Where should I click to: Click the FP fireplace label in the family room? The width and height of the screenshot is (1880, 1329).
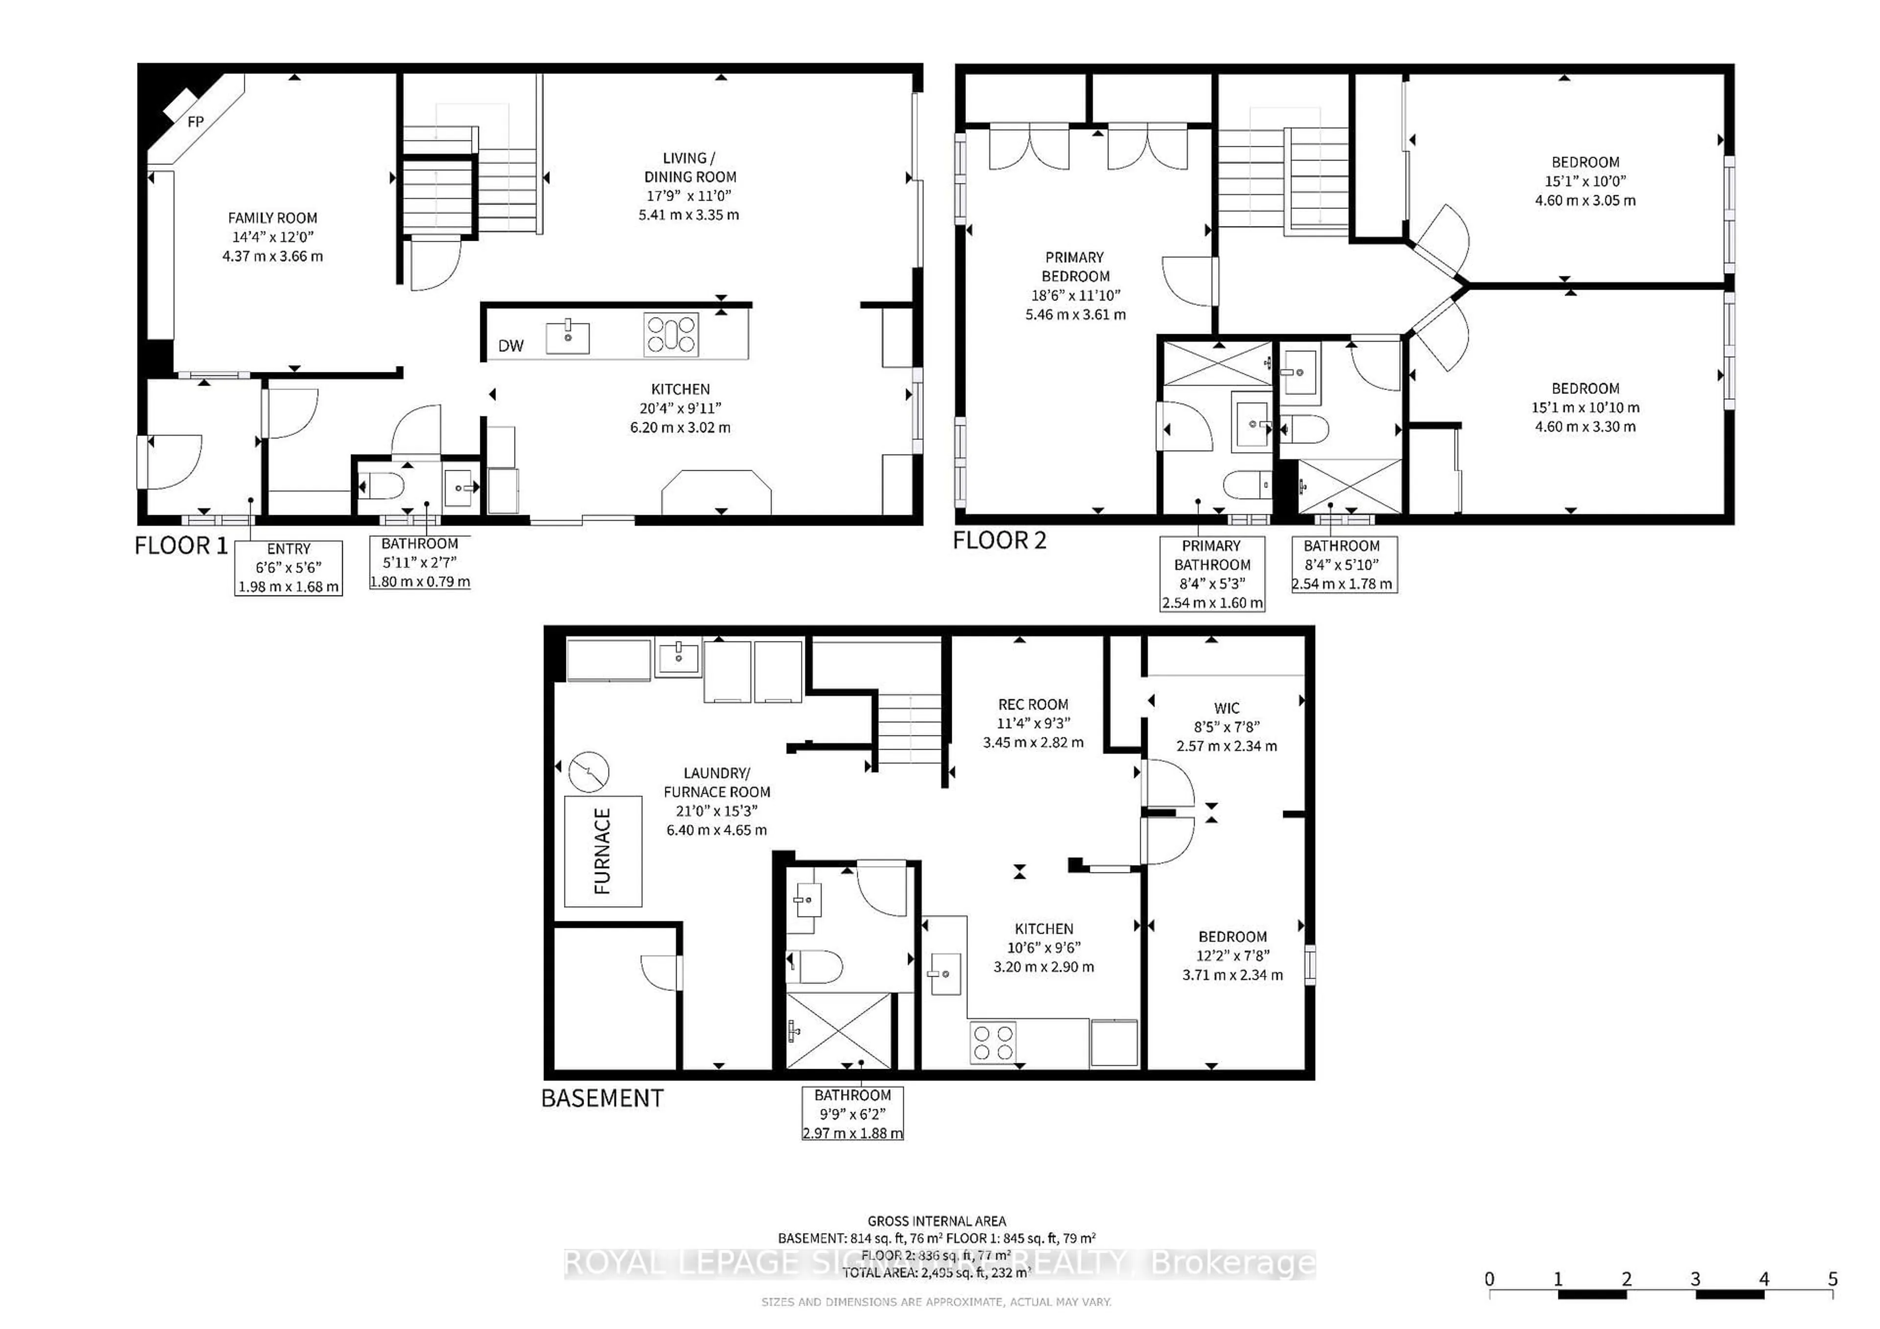196,122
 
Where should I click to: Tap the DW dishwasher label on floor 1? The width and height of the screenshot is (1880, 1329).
511,346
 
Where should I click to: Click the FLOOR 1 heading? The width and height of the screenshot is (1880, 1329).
181,546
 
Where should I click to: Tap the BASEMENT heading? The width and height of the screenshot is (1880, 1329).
602,1098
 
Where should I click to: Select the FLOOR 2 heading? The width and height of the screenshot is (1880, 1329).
999,540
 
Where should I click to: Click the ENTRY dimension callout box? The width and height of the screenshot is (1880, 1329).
288,568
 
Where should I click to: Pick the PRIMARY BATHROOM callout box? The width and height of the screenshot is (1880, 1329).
1212,573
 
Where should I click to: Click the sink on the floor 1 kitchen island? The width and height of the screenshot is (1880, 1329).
567,336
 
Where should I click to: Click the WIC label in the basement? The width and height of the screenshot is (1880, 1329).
1226,708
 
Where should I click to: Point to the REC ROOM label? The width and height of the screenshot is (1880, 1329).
1033,705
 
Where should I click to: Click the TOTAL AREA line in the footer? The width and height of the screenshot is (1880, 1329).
936,1273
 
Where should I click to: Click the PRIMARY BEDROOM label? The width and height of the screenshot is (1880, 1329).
1074,267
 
